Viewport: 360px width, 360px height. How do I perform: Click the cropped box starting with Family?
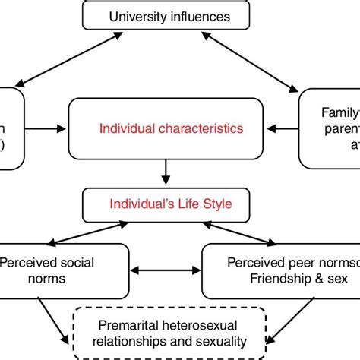click(330, 128)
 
